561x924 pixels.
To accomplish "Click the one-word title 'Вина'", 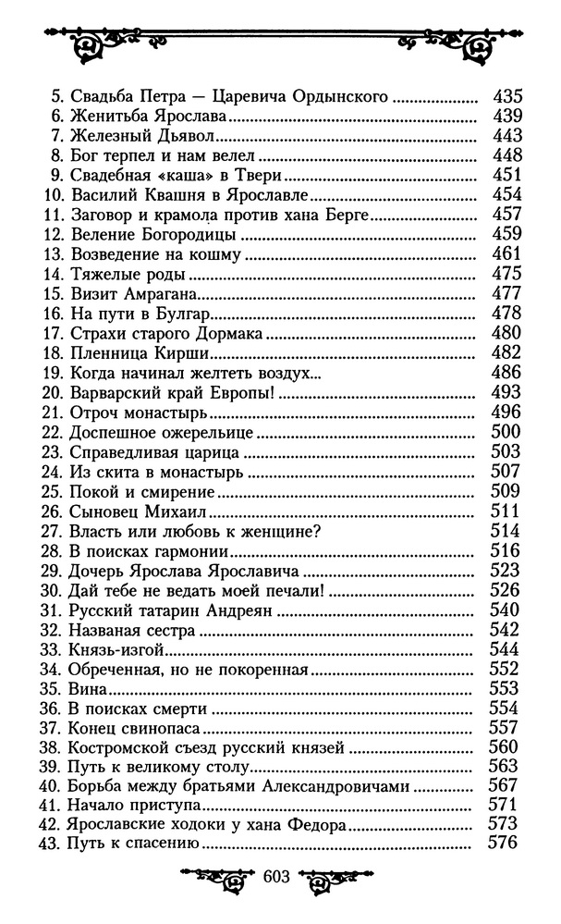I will click(x=89, y=689).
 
